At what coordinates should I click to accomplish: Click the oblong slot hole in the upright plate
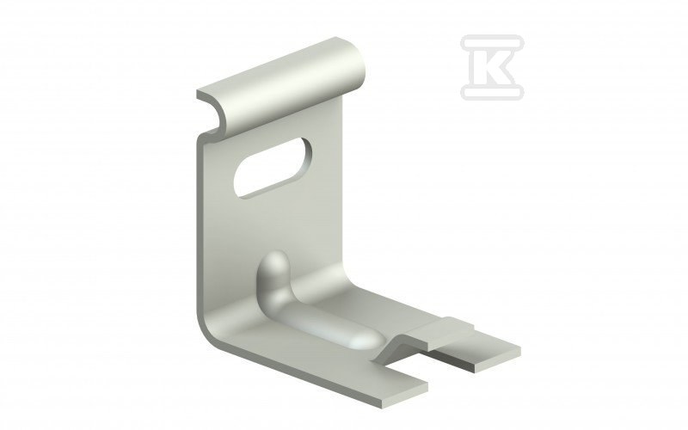pos(273,167)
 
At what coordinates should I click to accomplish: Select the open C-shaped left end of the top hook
pos(212,112)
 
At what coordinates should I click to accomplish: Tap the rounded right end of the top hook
pos(355,66)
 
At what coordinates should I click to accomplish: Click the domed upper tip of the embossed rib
pos(274,263)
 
